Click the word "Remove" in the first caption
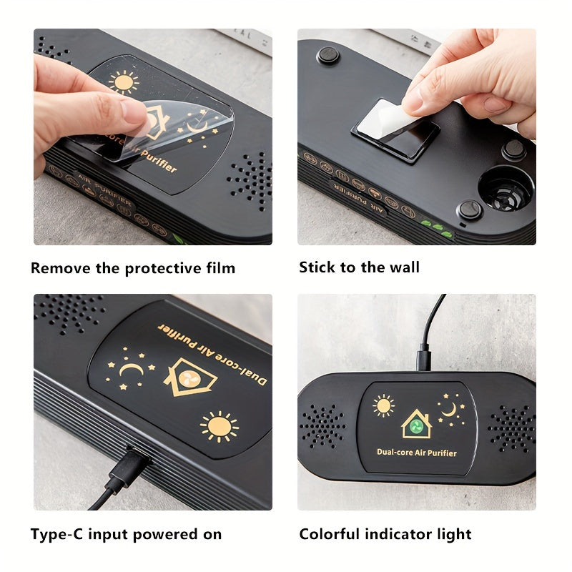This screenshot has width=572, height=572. pos(59,269)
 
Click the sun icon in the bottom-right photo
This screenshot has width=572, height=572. pos(383,405)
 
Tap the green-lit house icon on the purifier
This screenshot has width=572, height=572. pos(416,424)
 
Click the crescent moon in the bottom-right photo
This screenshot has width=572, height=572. pos(449,408)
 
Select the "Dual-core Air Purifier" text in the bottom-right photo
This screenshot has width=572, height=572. pos(416,452)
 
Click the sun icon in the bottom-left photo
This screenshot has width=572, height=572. pos(219,427)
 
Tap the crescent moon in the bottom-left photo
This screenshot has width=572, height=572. pos(131,370)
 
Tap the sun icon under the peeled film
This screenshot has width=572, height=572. pos(124,82)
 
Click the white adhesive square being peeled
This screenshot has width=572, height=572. pos(390,127)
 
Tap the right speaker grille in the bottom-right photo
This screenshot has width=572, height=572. pos(511,428)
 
